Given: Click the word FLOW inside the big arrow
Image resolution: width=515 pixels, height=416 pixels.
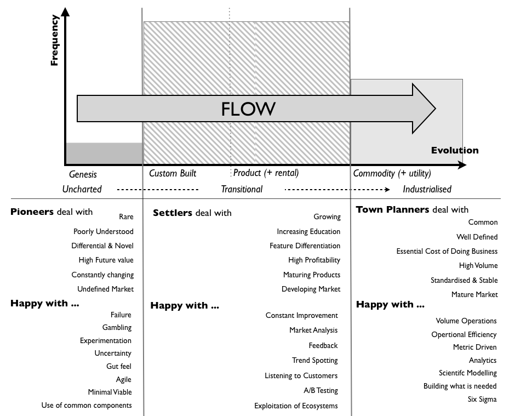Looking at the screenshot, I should tap(248, 109).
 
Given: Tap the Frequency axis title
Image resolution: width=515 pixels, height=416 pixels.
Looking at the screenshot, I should tap(54, 41).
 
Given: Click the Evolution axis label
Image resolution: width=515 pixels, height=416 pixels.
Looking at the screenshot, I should tap(454, 150).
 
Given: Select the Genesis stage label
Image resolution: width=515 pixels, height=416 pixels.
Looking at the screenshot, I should tap(83, 174).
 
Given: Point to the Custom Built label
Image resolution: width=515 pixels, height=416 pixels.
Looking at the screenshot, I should tap(173, 173).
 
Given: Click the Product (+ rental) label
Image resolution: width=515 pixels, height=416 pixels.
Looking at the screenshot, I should tap(266, 173).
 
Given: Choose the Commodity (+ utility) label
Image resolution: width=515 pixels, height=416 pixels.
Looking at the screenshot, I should tap(392, 173).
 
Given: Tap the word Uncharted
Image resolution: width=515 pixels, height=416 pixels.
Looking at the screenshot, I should tap(82, 189).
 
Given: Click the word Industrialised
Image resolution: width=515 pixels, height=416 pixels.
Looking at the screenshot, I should tap(427, 189).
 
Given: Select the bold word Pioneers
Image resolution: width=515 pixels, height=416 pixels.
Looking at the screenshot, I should tap(32, 212).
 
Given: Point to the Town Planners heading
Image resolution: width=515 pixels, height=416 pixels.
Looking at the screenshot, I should tap(392, 209).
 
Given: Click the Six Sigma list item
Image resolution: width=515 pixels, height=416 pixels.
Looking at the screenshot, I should tap(482, 399).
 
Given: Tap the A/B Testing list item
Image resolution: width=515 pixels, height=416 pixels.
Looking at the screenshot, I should tap(321, 390).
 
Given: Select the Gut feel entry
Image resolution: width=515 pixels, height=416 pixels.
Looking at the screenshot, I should tap(118, 366).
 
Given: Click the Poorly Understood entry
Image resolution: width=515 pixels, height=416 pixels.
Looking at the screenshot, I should tap(103, 231).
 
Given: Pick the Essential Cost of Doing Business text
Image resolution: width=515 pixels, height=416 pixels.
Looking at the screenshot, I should tap(447, 251).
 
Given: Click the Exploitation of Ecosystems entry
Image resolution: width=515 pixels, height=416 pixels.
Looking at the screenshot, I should tap(296, 406).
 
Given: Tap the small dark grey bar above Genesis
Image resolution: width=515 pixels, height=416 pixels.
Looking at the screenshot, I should tap(104, 153).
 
